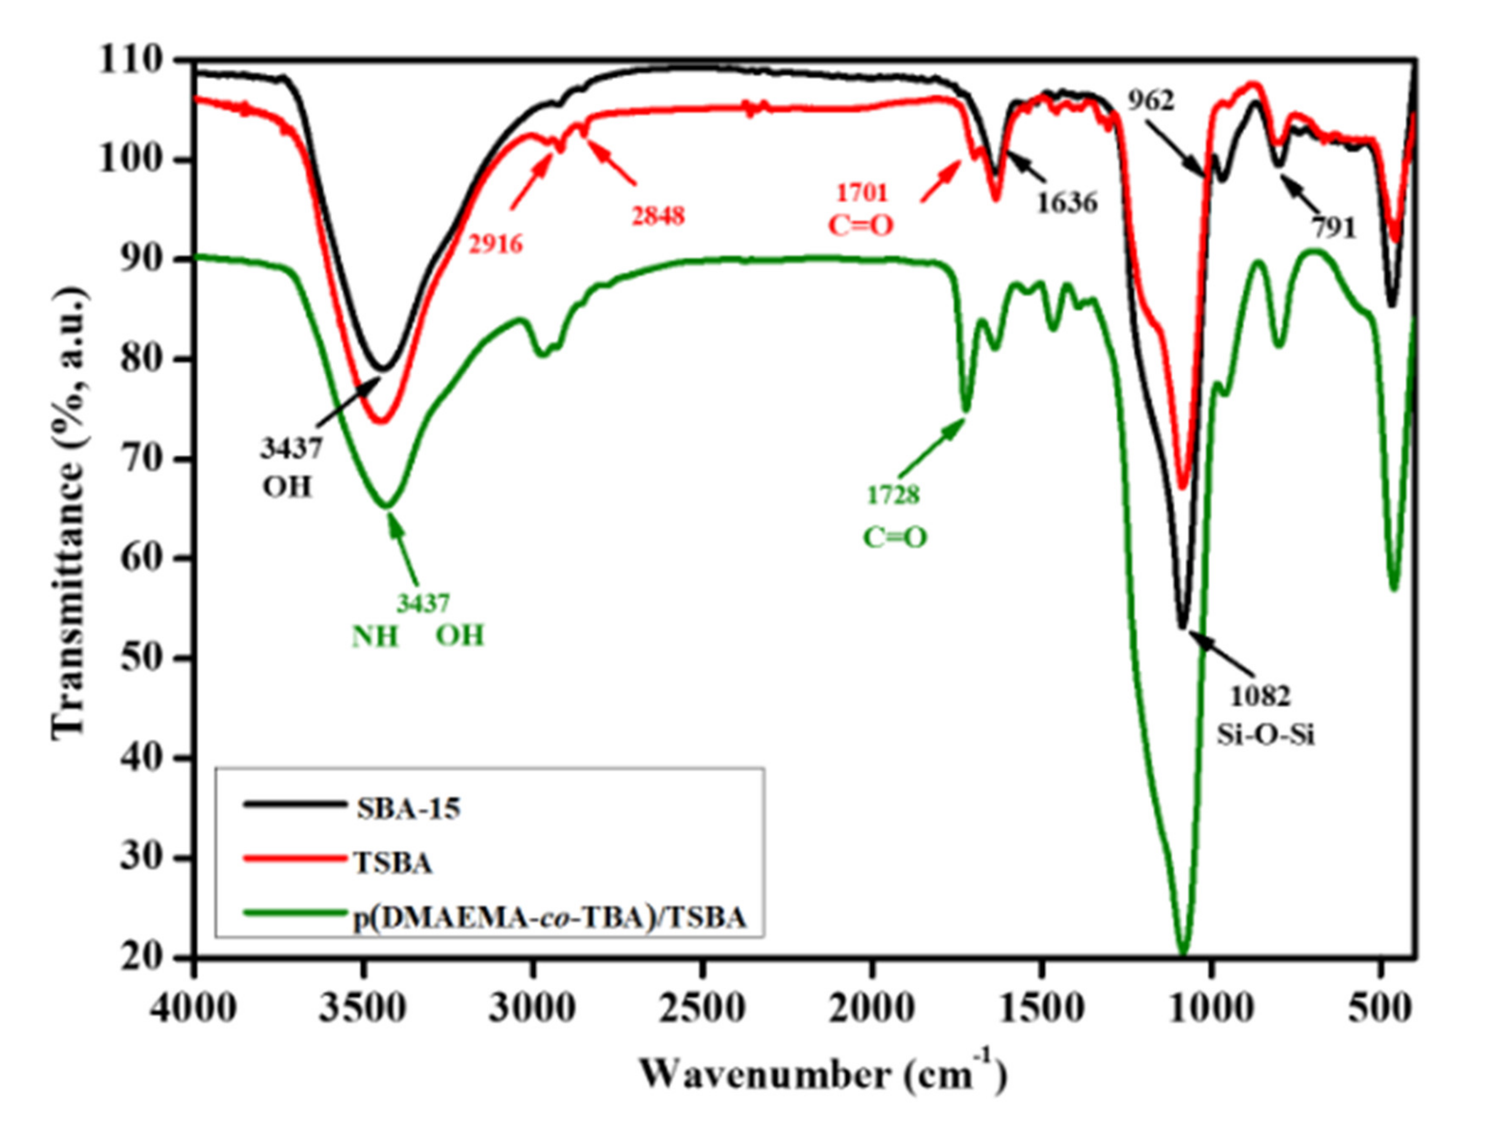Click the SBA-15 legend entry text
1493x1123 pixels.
pos(408,808)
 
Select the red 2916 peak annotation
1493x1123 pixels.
pos(496,244)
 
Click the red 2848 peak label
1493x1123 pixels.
pos(658,216)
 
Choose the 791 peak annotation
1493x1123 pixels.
pos(1333,229)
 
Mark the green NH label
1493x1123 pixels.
pos(375,636)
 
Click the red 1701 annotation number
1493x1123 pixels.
pos(862,194)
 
